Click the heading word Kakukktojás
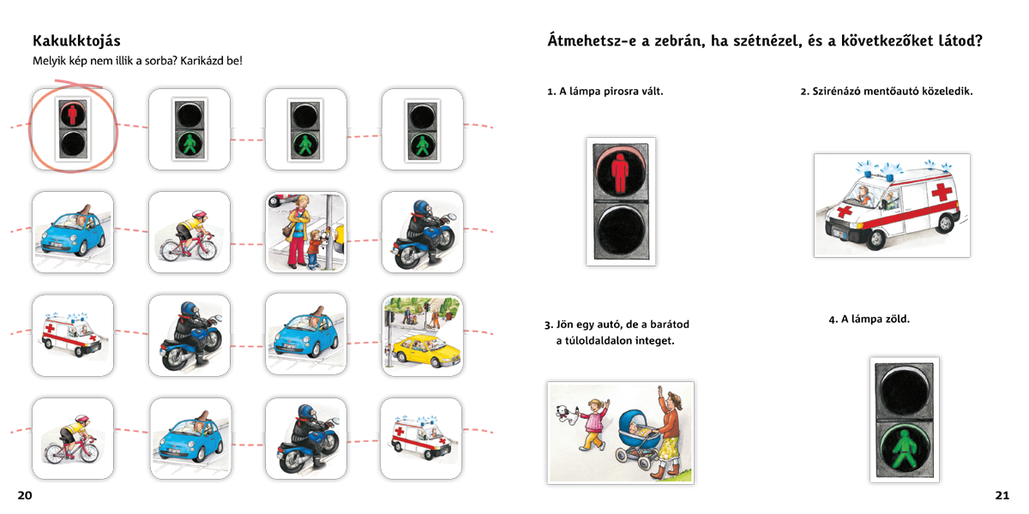point(76,41)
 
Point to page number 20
point(25,495)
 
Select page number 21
point(1002,495)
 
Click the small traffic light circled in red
point(73,129)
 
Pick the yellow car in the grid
point(424,351)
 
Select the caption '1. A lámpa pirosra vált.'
point(605,92)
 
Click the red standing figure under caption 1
point(620,173)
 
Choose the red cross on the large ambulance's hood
point(845,211)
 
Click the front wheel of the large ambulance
point(876,239)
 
